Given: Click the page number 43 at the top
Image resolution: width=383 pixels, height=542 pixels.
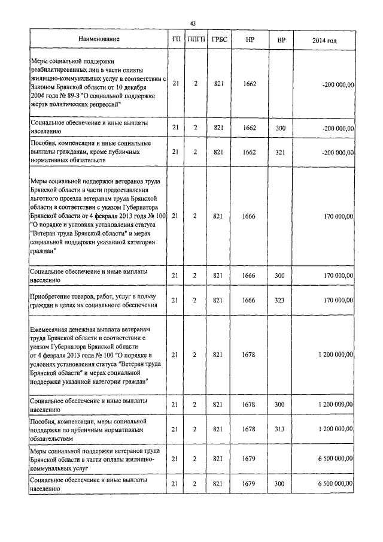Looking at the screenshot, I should [193, 23].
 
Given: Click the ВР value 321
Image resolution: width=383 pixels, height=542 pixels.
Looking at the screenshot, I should [279, 152].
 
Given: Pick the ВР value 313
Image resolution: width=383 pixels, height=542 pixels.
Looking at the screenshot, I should [279, 429].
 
